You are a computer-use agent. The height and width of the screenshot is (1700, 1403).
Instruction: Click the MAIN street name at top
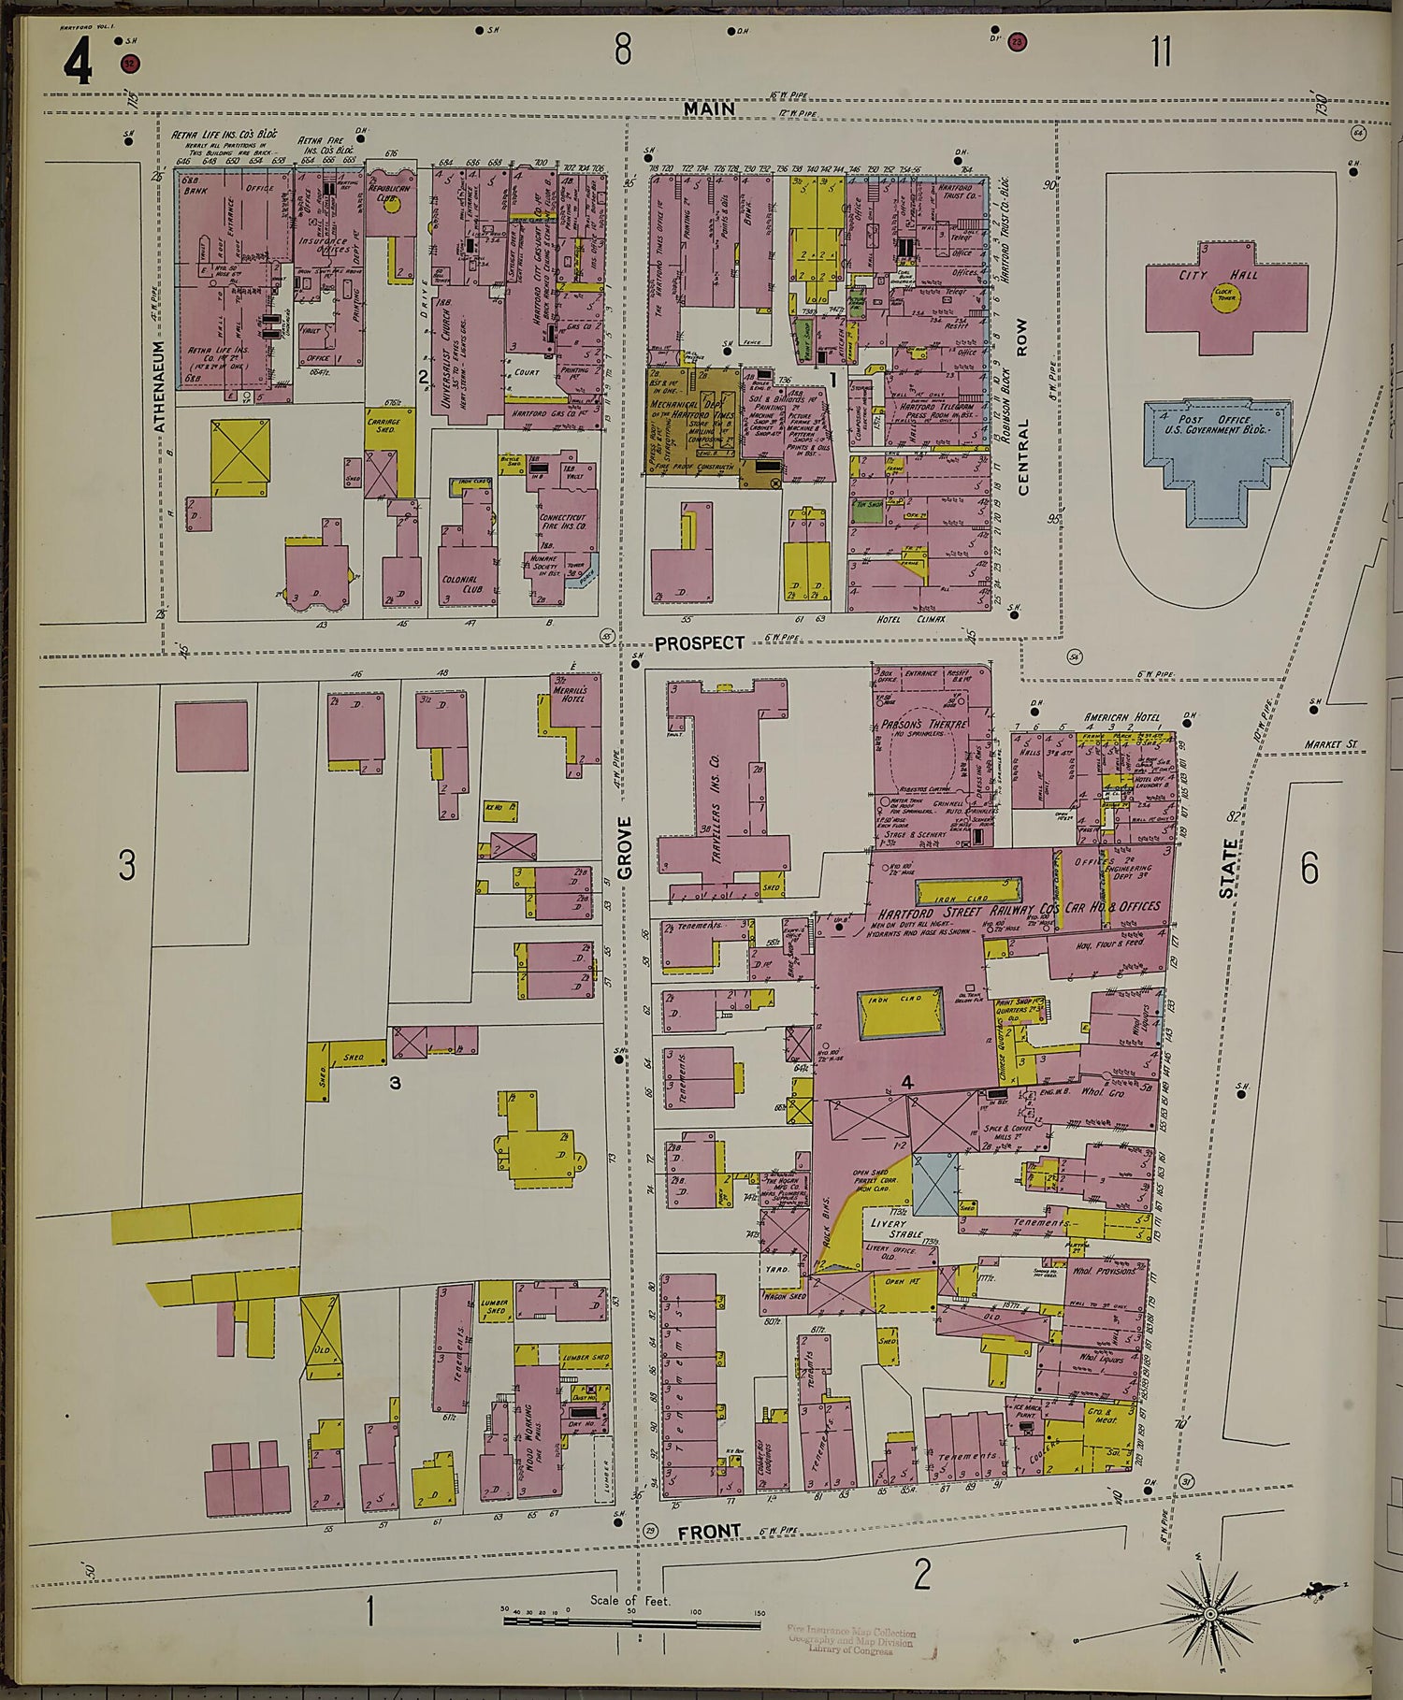click(x=708, y=109)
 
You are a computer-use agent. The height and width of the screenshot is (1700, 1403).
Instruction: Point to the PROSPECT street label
click(x=699, y=643)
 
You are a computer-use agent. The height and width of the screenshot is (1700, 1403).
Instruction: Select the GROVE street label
click(x=625, y=847)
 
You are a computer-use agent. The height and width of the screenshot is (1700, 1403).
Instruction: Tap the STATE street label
click(x=1227, y=868)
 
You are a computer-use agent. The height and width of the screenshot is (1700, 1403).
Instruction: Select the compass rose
click(x=1210, y=1614)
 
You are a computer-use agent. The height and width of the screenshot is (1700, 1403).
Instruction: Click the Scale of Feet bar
click(x=631, y=1621)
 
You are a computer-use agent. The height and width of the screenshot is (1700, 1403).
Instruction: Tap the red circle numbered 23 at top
click(x=1018, y=41)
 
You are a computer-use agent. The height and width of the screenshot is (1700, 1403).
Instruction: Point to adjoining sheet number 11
click(x=1161, y=51)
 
